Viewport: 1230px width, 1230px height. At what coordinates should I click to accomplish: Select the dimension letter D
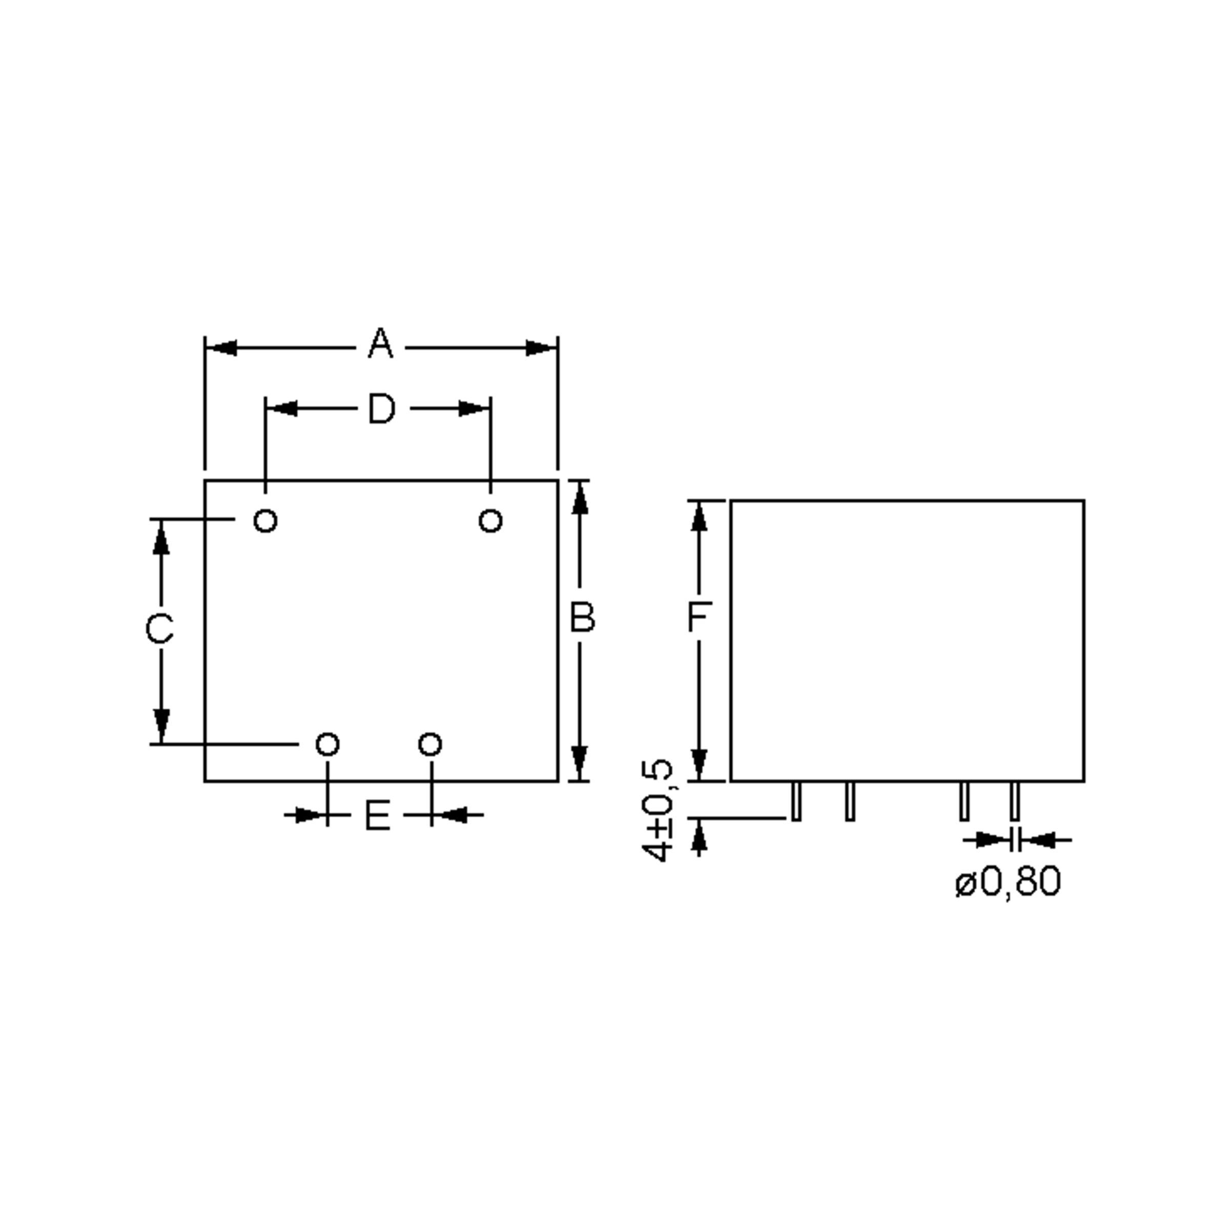coord(381,409)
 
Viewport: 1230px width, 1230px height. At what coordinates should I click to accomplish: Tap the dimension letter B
coord(582,618)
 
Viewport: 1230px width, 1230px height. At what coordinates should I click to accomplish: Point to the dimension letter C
coord(159,629)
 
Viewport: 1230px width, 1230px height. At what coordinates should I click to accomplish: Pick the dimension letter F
coord(699,616)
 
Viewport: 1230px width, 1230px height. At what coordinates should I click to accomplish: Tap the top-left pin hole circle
coord(265,521)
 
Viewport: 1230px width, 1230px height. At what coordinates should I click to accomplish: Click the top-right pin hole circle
coord(490,521)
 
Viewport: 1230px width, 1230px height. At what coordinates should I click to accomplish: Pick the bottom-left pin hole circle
coord(328,744)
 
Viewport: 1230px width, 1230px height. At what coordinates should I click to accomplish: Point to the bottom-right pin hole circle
coord(430,744)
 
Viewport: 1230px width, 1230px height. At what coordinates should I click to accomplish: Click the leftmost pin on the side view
coord(796,802)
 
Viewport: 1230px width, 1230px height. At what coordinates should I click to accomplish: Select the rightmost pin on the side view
coord(1015,802)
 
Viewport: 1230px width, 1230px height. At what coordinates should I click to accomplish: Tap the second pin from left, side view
coord(850,802)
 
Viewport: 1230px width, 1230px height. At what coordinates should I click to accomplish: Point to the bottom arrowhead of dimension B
coord(579,763)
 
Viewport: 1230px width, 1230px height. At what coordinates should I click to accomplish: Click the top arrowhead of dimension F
coord(699,517)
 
